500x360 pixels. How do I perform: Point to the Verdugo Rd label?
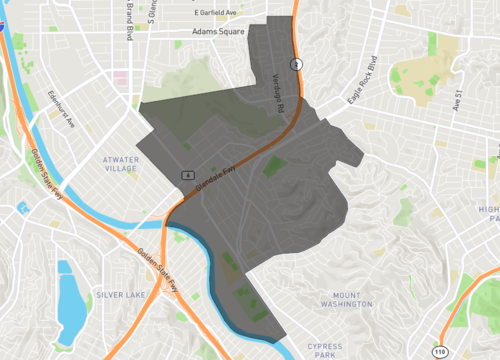280,91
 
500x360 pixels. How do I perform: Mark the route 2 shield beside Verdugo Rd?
296,64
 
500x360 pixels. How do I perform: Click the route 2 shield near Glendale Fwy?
187,174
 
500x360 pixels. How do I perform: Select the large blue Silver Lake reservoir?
70,300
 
